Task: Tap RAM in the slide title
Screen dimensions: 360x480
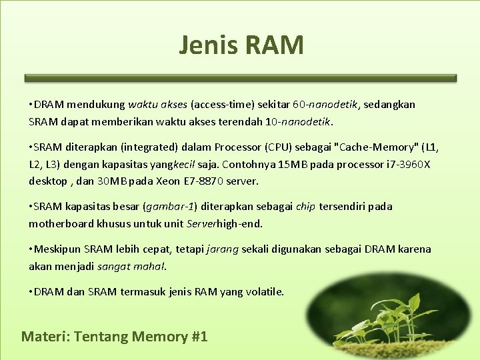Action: tap(274, 45)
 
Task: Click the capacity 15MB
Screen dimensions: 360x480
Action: tap(289, 164)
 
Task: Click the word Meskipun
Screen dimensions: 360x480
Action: tap(57, 249)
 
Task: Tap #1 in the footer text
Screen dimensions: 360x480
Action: tap(199, 337)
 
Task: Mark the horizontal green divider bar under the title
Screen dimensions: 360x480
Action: tap(240, 78)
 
